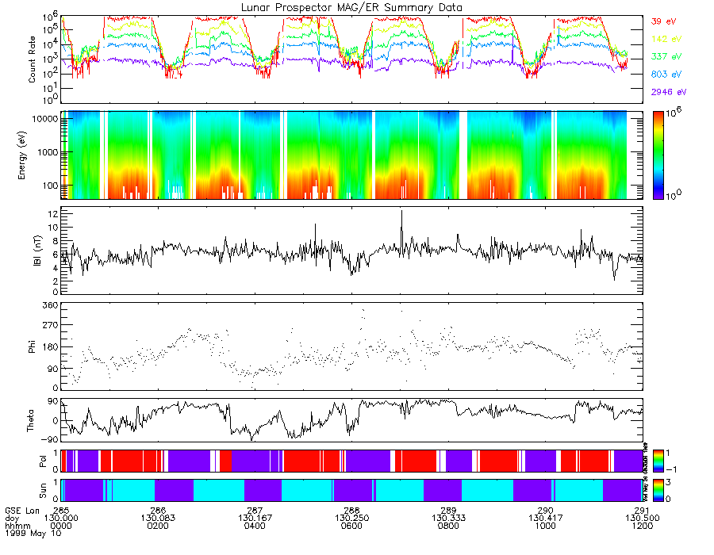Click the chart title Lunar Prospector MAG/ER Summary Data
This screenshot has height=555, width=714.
coord(351,7)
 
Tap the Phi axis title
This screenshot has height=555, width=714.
coord(33,346)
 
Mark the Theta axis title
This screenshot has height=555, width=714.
coord(33,421)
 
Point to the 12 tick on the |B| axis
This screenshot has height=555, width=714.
coord(53,214)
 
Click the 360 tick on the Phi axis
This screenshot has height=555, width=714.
coord(50,305)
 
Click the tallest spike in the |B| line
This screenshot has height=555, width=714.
coord(401,212)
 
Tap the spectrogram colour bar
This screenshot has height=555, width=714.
coord(662,155)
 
